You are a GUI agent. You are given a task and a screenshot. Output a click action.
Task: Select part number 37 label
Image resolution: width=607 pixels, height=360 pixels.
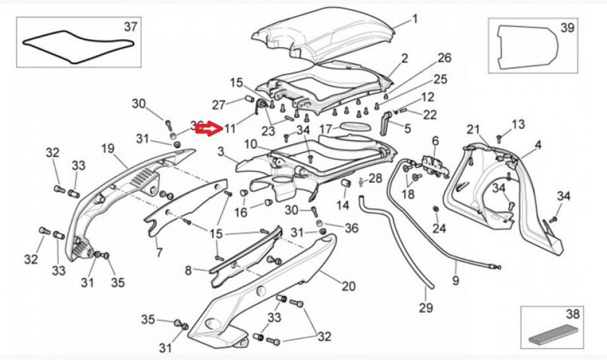click(x=130, y=27)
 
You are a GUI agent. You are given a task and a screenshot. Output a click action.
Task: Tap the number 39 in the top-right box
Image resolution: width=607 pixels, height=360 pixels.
click(x=567, y=28)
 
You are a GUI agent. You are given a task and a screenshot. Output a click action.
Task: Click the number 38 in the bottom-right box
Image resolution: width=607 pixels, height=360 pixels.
click(x=573, y=313)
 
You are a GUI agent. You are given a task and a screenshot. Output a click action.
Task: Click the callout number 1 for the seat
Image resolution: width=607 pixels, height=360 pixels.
click(x=415, y=19)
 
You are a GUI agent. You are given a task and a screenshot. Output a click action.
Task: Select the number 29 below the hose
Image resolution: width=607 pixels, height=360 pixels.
click(x=426, y=308)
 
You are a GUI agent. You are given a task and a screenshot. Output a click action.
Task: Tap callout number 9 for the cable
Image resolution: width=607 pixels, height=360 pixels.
click(x=456, y=280)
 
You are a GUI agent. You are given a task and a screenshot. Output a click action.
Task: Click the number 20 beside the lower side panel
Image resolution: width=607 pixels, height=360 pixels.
click(x=348, y=286)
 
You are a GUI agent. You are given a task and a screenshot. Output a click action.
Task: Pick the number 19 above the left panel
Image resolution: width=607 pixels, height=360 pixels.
click(x=107, y=149)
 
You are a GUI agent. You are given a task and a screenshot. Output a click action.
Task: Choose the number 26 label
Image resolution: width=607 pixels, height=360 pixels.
click(x=445, y=58)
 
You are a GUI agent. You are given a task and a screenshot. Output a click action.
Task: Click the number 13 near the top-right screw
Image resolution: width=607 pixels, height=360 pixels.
click(x=518, y=125)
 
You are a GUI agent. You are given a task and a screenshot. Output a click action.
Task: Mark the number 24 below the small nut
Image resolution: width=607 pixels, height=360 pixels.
click(x=439, y=228)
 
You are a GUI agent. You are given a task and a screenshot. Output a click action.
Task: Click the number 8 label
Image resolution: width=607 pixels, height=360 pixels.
click(x=188, y=271)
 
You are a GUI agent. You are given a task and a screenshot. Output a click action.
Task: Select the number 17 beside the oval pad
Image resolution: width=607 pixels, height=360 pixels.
click(x=325, y=129)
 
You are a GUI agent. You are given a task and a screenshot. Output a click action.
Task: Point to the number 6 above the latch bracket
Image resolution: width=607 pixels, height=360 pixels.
click(x=435, y=140)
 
